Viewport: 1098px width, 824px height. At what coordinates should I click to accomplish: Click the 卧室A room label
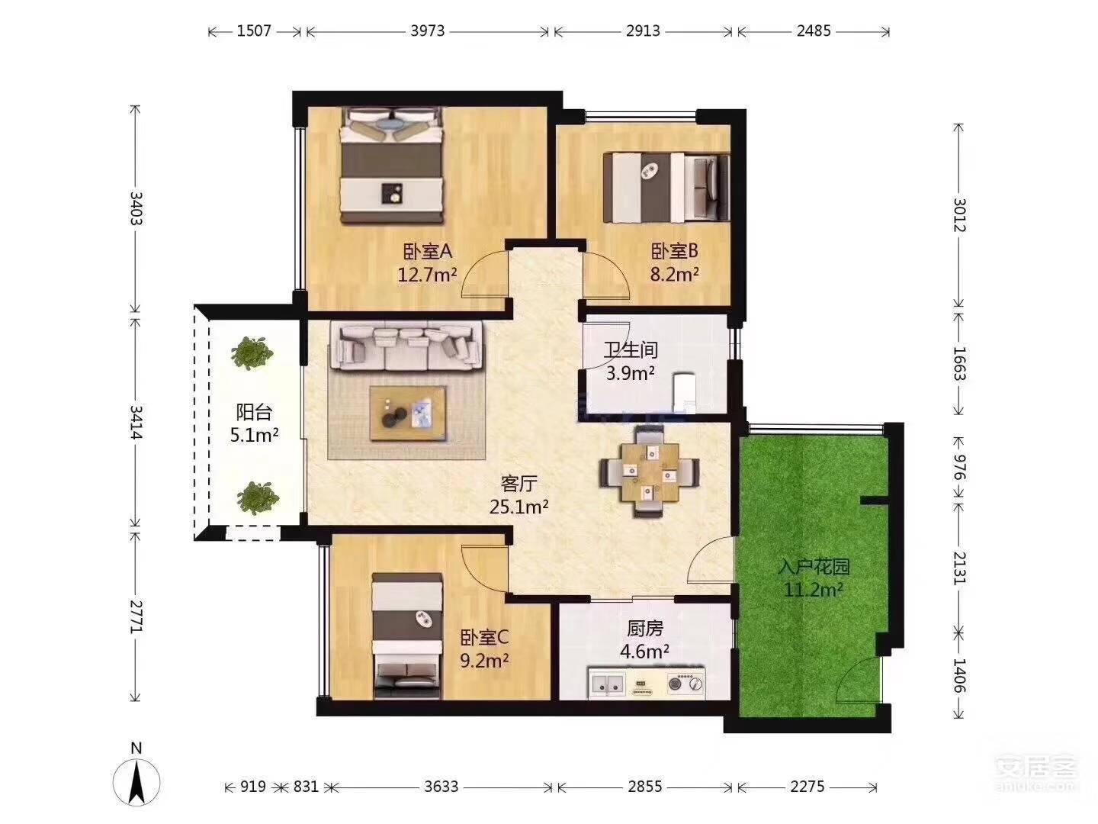tap(428, 251)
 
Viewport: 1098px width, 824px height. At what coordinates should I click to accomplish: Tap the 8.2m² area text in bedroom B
tap(674, 274)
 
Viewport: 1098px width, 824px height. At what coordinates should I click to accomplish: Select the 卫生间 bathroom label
tap(631, 349)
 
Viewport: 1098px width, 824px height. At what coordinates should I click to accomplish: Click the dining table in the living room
tap(650, 472)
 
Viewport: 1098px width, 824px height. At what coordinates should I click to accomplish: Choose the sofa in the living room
tap(406, 346)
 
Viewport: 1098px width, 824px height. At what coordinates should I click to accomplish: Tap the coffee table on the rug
tap(408, 414)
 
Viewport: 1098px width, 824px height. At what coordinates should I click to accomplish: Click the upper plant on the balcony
tap(252, 353)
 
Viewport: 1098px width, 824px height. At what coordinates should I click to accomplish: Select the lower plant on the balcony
tap(258, 497)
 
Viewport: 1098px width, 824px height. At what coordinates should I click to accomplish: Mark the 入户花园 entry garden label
tap(814, 568)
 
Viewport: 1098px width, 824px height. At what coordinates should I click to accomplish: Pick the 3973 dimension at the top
tap(428, 31)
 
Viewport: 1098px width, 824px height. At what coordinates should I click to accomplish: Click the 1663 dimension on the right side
tap(959, 363)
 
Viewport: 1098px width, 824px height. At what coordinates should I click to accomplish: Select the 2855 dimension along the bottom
tap(645, 787)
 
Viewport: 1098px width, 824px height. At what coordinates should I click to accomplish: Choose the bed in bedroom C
tap(408, 636)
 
